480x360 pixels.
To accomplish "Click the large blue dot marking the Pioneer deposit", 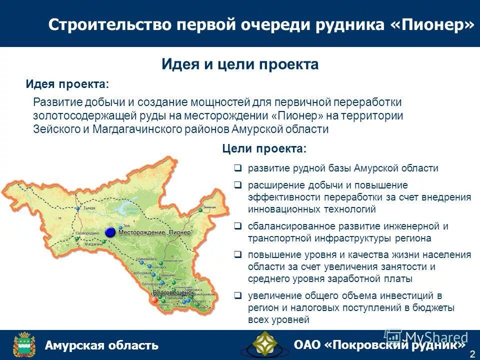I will [x=110, y=232].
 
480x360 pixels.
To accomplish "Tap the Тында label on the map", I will [x=89, y=207].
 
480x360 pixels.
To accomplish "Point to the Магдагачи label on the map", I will [x=93, y=244].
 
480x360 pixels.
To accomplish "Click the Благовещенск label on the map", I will [x=173, y=292].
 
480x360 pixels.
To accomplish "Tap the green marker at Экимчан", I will [x=200, y=210].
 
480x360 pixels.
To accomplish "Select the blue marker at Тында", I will [x=78, y=208].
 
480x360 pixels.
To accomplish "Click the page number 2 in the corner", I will [x=472, y=354].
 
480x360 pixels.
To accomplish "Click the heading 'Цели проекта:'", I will [x=264, y=149].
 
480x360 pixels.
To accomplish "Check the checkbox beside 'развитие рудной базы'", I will [x=238, y=168].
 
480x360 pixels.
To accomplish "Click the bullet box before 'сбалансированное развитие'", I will [x=238, y=226].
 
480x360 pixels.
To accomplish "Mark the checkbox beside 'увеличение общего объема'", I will [x=238, y=295].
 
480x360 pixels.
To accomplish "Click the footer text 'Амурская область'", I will [x=101, y=345].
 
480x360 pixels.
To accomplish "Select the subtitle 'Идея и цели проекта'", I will [x=240, y=64].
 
